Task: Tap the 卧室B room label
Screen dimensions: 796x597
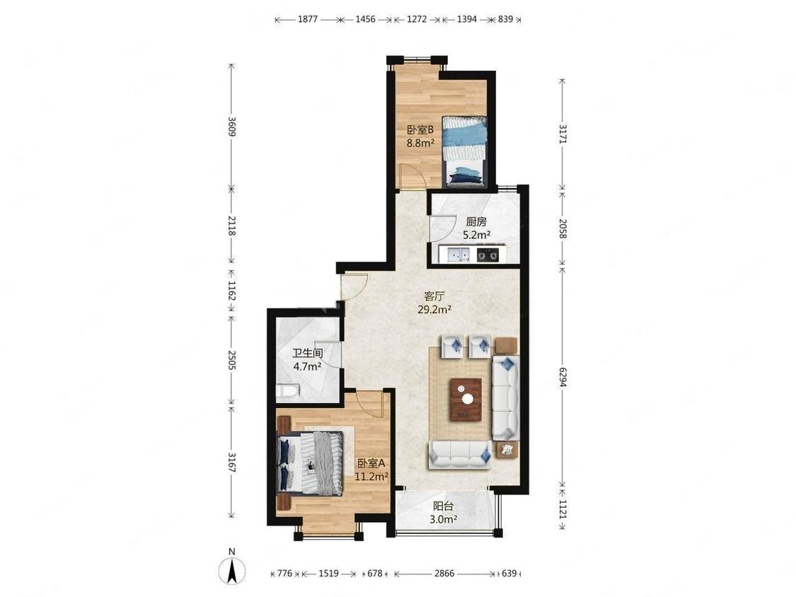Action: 420,129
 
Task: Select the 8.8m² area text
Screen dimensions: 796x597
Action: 420,143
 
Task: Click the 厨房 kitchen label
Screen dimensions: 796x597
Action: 476,222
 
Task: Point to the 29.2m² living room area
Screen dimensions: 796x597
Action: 434,309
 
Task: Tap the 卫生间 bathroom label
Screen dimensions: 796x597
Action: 308,353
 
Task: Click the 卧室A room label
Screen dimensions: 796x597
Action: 371,463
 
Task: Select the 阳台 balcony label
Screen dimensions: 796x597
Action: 443,506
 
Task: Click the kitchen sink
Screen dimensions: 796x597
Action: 458,255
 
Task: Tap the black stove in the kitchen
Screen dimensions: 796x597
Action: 488,255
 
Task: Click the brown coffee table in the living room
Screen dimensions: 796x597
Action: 466,399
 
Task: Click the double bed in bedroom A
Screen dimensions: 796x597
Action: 310,463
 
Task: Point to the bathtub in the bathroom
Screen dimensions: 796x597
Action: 288,391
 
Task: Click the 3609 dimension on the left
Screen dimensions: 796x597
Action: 231,127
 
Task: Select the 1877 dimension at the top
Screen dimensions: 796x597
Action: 308,19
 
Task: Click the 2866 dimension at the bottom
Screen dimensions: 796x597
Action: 444,574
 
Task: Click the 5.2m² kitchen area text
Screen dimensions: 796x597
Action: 476,235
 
